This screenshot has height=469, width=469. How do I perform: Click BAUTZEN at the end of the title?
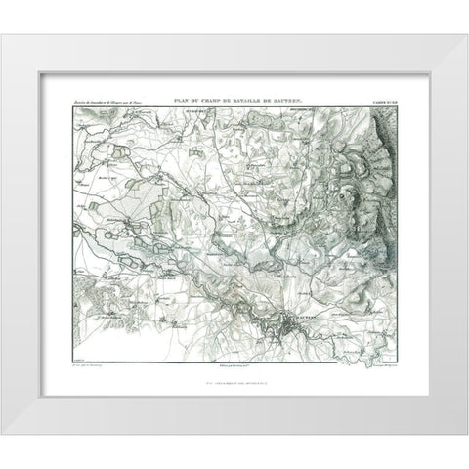pyautogui.click(x=295, y=102)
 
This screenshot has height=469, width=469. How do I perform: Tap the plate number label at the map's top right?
pyautogui.click(x=383, y=103)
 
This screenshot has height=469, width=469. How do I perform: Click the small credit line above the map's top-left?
pyautogui.click(x=107, y=103)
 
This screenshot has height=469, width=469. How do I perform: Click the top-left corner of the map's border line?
pyautogui.click(x=65, y=107)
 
